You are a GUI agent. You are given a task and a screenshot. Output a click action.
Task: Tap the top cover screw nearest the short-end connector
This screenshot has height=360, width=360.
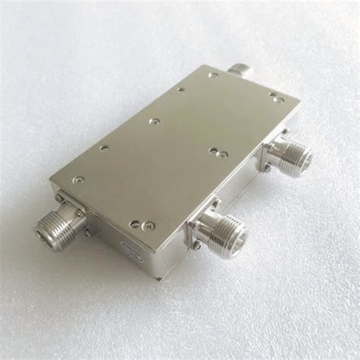click(78, 180)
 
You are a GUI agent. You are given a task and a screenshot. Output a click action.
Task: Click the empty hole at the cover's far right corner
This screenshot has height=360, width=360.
click(274, 94)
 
